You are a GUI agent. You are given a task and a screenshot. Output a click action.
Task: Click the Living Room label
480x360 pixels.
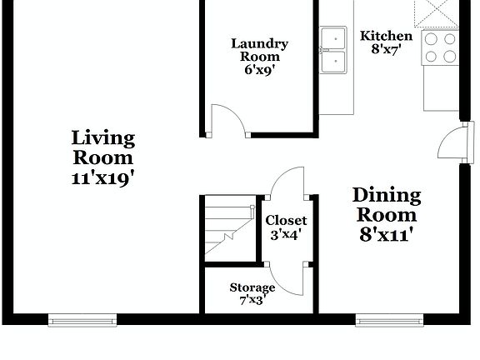102,147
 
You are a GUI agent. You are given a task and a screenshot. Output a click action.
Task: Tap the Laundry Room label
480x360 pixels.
260,50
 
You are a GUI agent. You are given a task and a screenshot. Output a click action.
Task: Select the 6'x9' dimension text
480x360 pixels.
260,71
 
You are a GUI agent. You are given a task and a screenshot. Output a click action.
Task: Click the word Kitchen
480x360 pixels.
386,36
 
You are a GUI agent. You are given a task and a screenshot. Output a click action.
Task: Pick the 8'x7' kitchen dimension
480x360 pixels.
386,49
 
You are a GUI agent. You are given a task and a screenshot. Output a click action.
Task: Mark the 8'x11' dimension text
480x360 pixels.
387,234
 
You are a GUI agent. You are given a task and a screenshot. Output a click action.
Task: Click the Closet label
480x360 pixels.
286,221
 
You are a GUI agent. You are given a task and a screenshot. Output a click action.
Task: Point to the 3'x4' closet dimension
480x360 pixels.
286,235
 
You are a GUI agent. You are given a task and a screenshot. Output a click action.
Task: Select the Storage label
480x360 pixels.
252,287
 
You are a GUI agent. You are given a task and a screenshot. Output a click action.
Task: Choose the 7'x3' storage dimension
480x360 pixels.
252,300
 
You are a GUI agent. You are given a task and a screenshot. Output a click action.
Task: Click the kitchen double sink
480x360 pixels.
334,51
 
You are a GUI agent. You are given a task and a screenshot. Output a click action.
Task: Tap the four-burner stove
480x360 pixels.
440,47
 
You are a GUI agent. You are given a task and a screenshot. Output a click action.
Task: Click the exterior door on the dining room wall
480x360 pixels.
451,142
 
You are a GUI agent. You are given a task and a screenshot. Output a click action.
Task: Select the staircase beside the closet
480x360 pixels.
228,227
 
